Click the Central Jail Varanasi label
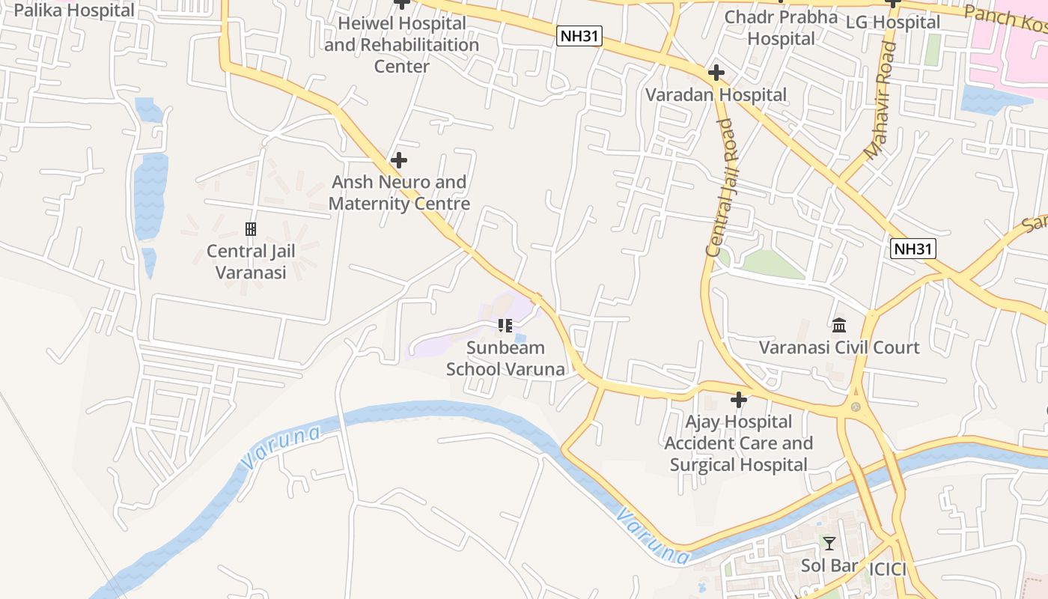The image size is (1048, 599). click(x=251, y=261)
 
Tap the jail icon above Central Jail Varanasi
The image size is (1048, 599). click(x=251, y=228)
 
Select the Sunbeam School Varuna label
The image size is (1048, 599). click(x=505, y=358)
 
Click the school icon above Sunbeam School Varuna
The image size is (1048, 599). click(x=505, y=325)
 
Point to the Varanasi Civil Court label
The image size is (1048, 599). click(x=839, y=347)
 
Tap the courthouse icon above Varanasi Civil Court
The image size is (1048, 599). click(x=839, y=325)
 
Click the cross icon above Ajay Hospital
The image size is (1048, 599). click(x=739, y=400)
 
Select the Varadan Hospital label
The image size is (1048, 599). click(x=716, y=94)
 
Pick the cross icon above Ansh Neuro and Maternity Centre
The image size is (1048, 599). click(x=399, y=159)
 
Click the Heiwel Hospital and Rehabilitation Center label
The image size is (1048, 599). click(x=402, y=44)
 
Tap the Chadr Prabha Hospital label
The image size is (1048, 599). click(x=782, y=27)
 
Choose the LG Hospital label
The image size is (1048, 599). click(x=892, y=22)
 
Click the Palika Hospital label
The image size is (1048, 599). click(x=74, y=10)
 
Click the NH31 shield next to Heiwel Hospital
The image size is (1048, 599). click(x=579, y=36)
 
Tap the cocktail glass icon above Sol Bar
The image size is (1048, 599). click(x=829, y=543)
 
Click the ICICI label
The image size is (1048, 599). click(x=888, y=569)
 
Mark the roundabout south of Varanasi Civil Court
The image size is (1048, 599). click(x=855, y=407)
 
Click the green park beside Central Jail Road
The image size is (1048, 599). click(x=771, y=264)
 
